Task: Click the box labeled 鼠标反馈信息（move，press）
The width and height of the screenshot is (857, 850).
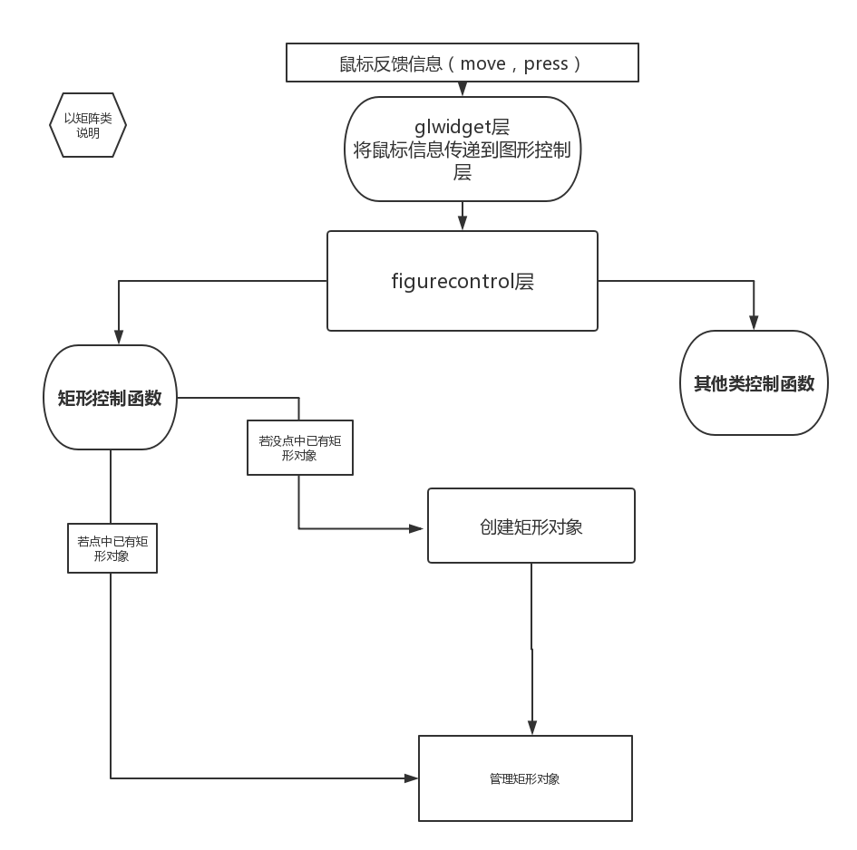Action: coord(463,63)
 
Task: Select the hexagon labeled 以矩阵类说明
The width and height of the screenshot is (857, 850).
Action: coord(88,126)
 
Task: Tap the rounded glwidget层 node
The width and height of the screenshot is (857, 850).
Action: coord(463,149)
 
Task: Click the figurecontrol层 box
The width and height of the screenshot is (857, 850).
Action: coord(463,281)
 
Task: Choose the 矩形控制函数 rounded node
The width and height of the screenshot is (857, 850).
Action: coord(109,397)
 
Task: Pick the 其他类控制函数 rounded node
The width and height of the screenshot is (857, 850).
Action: coord(754,382)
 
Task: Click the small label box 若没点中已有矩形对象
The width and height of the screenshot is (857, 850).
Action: coord(299,448)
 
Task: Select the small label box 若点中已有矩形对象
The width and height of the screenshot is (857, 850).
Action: coord(112,548)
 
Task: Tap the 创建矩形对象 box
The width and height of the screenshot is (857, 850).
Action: coord(531,526)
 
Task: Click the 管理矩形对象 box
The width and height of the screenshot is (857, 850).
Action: coord(525,778)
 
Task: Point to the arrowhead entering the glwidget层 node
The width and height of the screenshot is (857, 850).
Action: coord(463,91)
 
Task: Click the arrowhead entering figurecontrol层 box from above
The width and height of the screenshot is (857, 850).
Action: coord(463,225)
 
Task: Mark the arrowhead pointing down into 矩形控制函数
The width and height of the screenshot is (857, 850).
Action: coord(119,338)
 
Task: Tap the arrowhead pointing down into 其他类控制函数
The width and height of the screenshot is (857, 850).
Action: coord(754,324)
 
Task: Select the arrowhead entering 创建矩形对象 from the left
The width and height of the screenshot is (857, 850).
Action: coord(419,528)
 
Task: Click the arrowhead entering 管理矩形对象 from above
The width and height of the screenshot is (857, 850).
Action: coord(532,728)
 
